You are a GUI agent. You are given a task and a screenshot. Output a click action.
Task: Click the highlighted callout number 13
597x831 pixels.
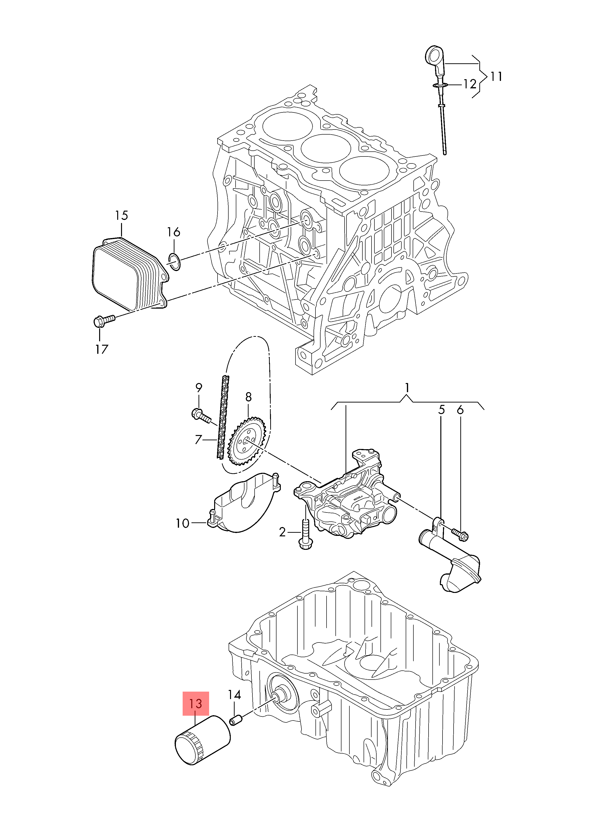coord(196,703)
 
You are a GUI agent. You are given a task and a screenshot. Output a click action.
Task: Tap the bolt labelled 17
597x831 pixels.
coord(104,321)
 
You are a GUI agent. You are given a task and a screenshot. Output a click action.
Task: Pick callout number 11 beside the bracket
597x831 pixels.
coord(496,77)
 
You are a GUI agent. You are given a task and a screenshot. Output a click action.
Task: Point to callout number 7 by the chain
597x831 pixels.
coord(199,439)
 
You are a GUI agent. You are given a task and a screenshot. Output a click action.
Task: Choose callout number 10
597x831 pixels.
coord(182,523)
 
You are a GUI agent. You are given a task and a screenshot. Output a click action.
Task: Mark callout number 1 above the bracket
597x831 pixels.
coord(407,388)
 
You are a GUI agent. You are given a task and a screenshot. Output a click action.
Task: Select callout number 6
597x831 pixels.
coord(460,410)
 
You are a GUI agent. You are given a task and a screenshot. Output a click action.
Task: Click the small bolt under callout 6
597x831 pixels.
coord(460,535)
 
